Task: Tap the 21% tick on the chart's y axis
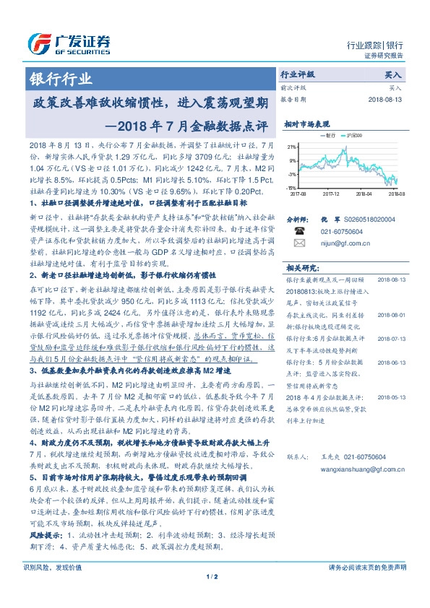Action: click(x=291, y=147)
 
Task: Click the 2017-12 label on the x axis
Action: click(x=331, y=194)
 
